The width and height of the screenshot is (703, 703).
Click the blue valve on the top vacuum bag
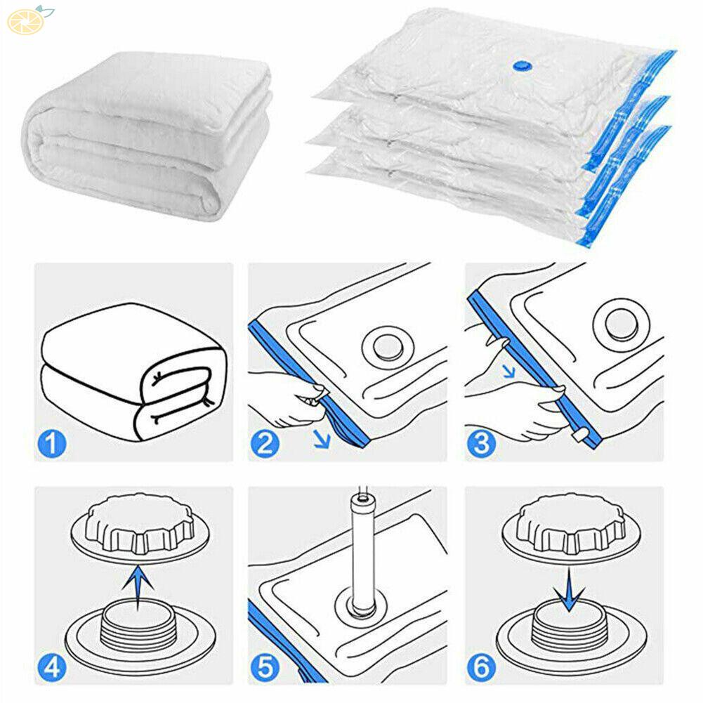522,64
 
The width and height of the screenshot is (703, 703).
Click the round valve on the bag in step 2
383,348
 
